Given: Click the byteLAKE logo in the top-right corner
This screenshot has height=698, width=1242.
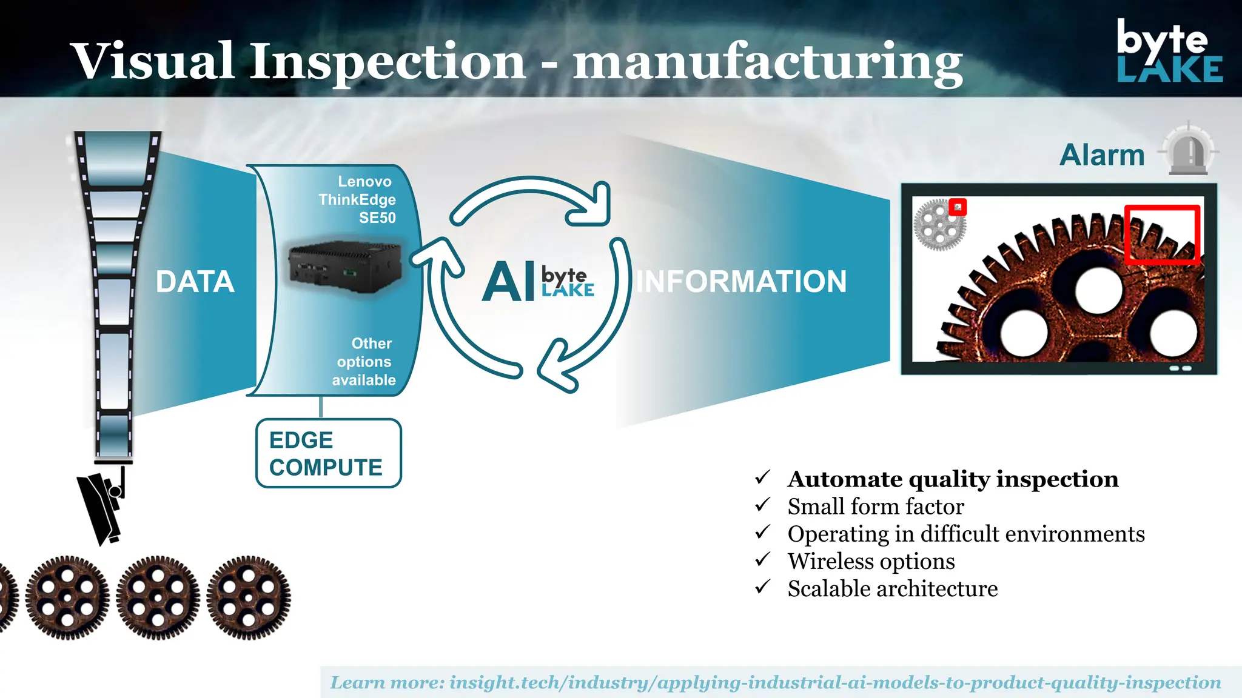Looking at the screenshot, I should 1169,52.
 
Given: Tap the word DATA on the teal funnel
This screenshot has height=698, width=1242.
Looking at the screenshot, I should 195,282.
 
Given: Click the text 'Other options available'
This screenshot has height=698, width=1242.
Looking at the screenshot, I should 364,362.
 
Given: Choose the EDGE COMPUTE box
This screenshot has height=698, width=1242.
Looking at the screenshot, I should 328,453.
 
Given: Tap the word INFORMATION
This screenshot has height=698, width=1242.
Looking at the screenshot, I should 740,282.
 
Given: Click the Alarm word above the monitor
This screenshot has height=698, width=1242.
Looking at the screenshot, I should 1102,155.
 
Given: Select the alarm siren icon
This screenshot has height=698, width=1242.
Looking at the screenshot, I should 1189,151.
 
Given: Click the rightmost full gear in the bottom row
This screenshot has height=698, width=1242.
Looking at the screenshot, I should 249,597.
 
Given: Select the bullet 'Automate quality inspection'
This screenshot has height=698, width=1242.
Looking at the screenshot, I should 953,479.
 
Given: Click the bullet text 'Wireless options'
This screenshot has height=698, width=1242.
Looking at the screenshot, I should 871,562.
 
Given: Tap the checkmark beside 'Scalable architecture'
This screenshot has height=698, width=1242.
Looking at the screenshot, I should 763,587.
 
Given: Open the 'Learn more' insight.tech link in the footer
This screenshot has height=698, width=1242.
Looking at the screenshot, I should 775,683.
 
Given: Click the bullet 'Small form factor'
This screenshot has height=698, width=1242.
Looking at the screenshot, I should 875,507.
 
